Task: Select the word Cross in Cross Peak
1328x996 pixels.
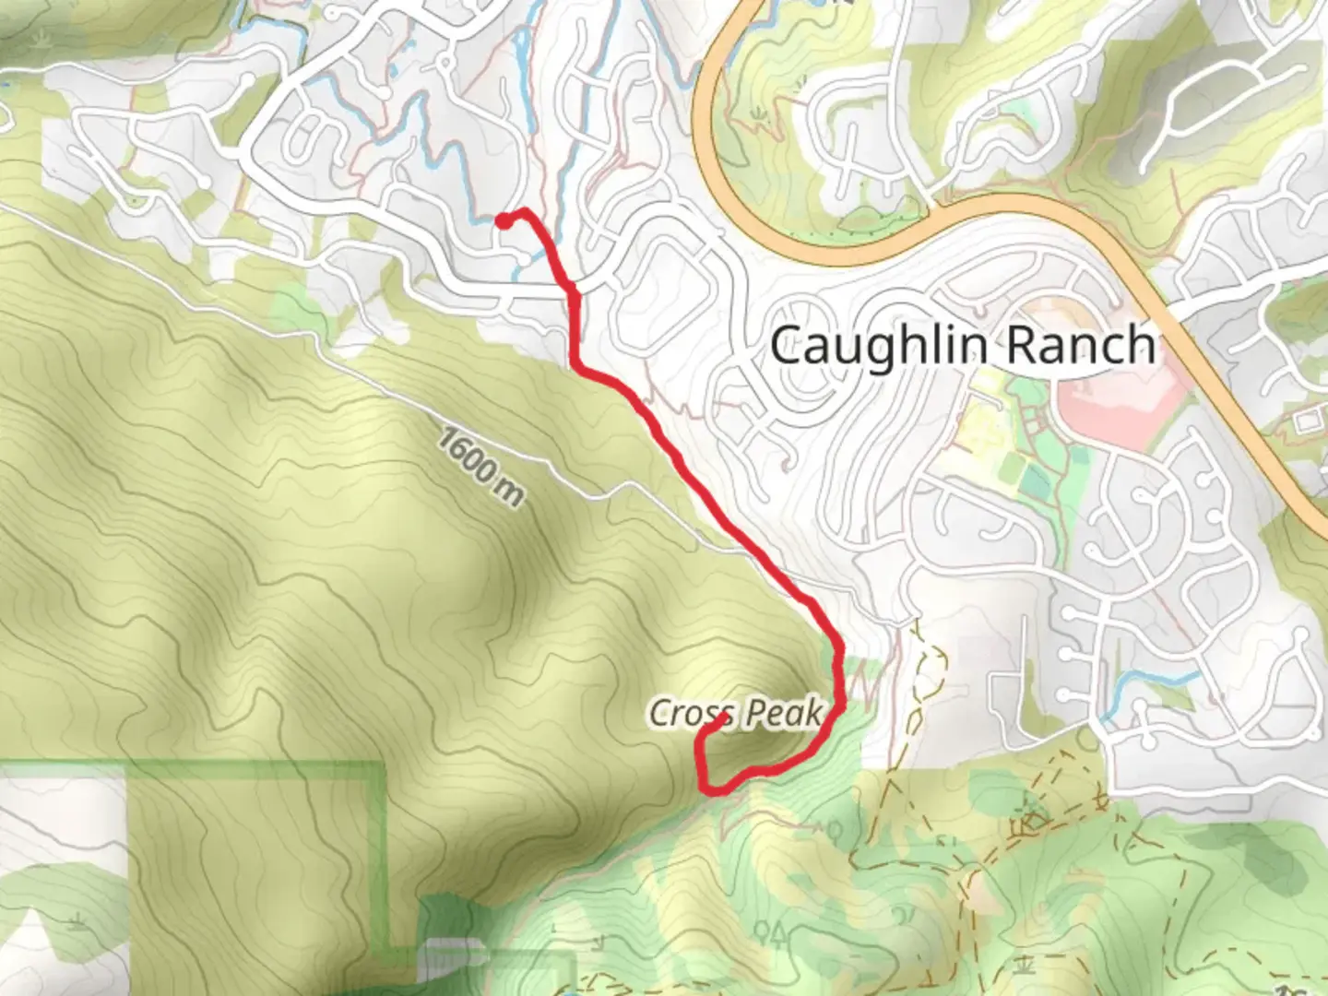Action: pos(691,712)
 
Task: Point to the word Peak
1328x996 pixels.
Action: pos(784,712)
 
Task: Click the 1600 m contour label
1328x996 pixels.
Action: pos(480,467)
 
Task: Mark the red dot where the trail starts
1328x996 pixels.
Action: pos(504,219)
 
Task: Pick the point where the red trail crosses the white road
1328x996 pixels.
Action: pos(573,290)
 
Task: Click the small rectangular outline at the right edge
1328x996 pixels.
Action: pos(1308,422)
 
